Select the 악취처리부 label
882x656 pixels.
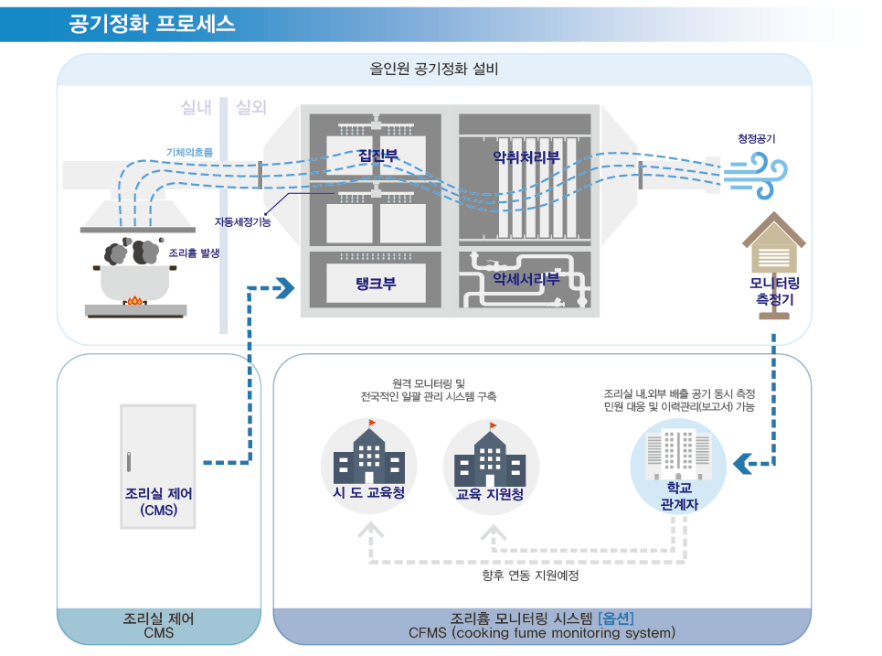[x=526, y=156]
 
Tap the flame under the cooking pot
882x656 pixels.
[x=135, y=299]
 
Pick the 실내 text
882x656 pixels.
[x=197, y=108]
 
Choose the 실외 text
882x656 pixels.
[x=251, y=108]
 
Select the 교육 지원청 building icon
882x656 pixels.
[x=490, y=457]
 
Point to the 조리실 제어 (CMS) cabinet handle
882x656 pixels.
[x=129, y=460]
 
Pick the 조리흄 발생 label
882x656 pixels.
[x=194, y=253]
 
